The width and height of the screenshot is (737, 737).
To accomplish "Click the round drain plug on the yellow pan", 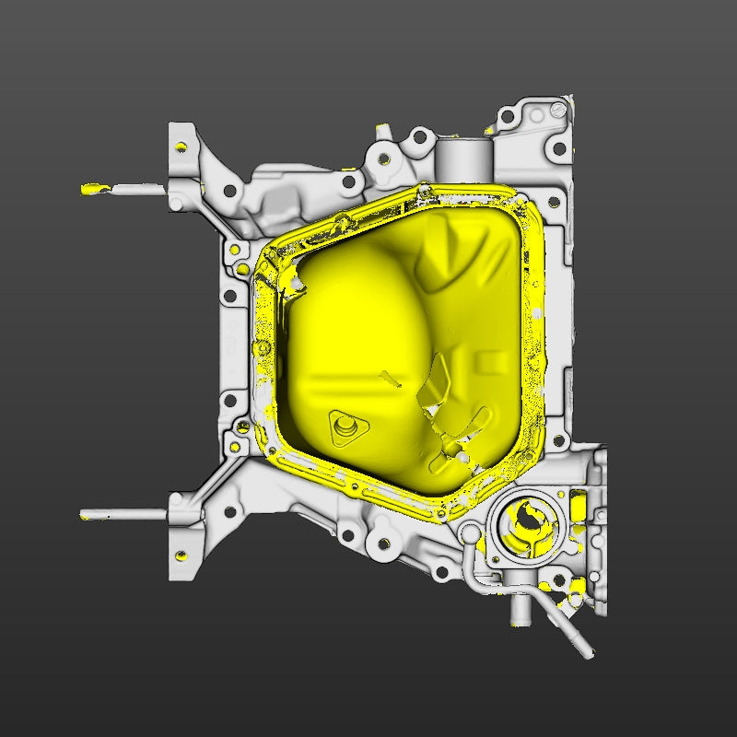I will point(346,427).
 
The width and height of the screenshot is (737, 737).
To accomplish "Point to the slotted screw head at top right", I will point(558,110).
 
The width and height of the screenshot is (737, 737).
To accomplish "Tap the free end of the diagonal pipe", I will point(584,651).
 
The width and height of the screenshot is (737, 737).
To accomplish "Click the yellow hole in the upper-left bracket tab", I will point(181,147).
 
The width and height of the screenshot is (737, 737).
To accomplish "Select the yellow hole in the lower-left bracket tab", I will point(181,556).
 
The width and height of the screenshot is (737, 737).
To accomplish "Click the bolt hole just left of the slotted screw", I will point(532,116).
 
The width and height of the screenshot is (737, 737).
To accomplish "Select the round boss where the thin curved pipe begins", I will point(469,533).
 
